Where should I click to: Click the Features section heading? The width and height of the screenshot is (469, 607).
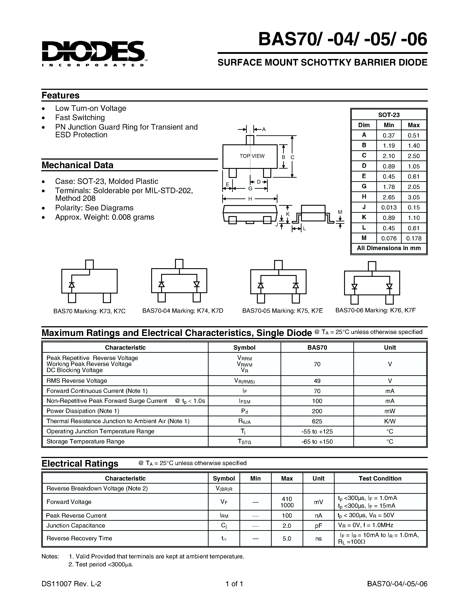point(60,95)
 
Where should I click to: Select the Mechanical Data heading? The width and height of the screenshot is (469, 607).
point(77,165)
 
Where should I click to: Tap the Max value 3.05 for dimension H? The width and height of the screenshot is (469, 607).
point(413,197)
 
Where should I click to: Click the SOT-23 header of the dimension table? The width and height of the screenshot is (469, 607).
point(389,115)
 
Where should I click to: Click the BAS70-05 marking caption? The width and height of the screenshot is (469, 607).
point(282,311)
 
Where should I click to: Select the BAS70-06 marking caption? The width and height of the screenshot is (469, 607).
point(375,310)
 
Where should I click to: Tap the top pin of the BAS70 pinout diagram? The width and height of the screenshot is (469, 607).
point(89,264)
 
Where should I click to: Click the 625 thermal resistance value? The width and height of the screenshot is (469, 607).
point(317,421)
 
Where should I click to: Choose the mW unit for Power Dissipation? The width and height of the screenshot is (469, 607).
point(390,411)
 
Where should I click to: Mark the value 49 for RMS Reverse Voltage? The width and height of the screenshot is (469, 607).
point(317,381)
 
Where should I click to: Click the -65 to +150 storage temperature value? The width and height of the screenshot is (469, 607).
point(317,442)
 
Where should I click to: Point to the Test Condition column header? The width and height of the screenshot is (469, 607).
point(380,478)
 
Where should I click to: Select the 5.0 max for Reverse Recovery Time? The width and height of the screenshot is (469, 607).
point(287,538)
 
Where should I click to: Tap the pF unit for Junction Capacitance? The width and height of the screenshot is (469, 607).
point(318,526)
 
